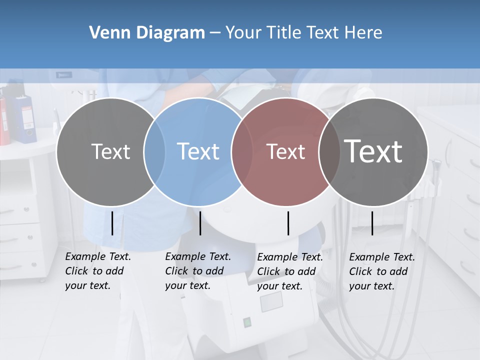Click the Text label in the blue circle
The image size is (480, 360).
198,151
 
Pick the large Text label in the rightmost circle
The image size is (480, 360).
373,151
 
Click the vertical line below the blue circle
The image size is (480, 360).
200,223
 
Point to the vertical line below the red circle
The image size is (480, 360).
288,223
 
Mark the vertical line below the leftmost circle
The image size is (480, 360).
112,223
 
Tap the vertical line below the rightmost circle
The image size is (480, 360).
372,223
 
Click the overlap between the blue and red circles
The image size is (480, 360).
242,152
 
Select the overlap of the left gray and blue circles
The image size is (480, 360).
154,152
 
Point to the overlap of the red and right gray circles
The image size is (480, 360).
329,152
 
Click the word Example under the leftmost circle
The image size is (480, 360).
84,256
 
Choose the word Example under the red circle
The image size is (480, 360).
276,257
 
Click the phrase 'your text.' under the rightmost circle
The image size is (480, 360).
372,286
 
